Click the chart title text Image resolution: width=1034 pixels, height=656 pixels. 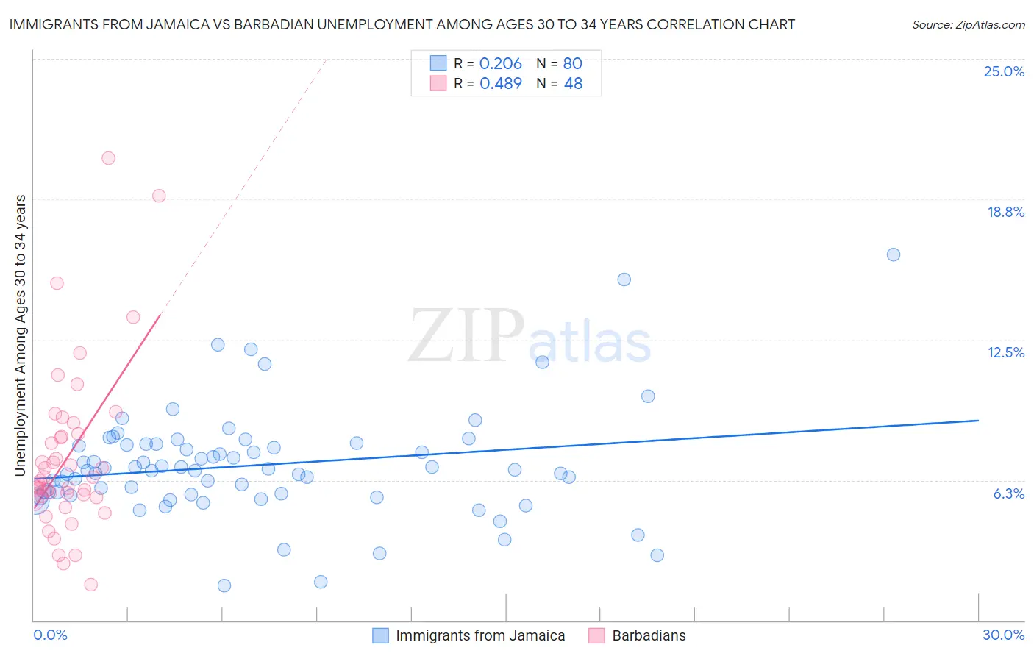pos(402,24)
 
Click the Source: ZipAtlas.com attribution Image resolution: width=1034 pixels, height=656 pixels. pos(968,24)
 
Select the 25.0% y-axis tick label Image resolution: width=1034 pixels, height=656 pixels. pos(1004,71)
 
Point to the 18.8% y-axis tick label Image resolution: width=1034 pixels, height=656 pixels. pos(1005,212)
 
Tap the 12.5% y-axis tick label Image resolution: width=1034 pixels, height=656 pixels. pos(1005,352)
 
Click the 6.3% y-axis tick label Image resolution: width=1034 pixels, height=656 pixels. pos(1008,493)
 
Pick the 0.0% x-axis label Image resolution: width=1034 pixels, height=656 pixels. pos(50,635)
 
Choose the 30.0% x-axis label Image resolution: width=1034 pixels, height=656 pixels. pos(1003,635)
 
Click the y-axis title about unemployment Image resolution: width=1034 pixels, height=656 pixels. pos(21,335)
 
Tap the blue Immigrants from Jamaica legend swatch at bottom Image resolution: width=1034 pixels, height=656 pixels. pos(380,635)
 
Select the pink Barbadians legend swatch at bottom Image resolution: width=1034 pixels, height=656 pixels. pos(596,635)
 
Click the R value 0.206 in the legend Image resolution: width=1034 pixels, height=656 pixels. pos(500,64)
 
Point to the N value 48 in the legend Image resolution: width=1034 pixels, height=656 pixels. pos(573,84)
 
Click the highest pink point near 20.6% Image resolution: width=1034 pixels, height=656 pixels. pos(108,158)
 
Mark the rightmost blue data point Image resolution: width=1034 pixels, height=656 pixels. pos(894,254)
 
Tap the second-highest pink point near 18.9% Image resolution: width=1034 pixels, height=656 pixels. pos(159,196)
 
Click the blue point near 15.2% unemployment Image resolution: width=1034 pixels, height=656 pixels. pos(624,279)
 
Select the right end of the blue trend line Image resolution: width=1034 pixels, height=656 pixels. pos(978,420)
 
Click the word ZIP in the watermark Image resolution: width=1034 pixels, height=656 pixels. pos(466,336)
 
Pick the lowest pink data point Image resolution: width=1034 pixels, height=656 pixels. pos(91,585)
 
